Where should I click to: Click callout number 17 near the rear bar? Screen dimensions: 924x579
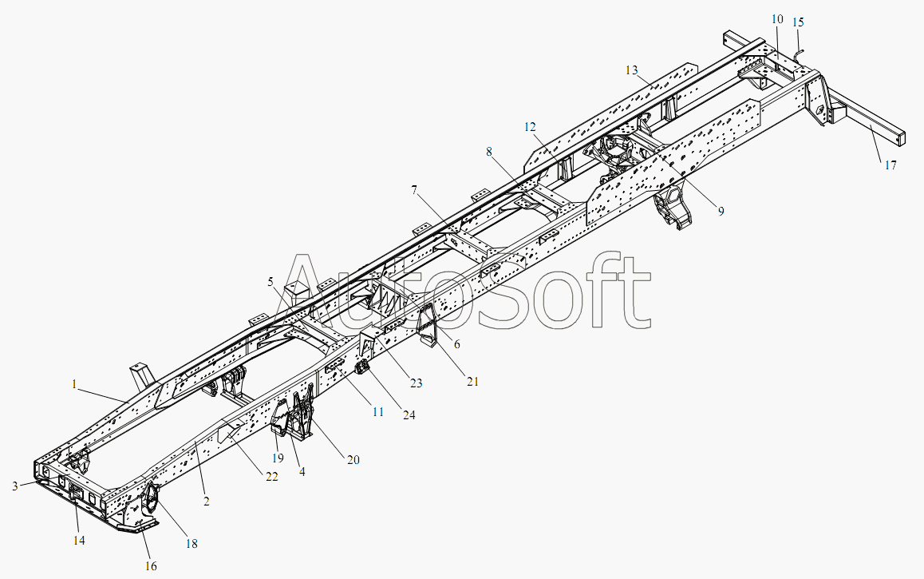[890, 165]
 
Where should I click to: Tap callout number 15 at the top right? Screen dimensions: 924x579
[798, 22]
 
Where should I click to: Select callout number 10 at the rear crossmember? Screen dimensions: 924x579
[777, 19]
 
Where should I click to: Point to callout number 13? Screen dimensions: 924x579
[632, 71]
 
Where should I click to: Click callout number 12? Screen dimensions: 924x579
[530, 127]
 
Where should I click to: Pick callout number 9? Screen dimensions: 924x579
[721, 211]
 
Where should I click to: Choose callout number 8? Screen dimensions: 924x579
[489, 152]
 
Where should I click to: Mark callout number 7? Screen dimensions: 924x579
[414, 190]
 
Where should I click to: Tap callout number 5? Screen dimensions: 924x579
[270, 282]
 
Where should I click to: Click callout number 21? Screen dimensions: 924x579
[472, 382]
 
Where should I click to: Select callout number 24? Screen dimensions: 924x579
[409, 415]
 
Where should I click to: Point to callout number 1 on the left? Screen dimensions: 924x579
[74, 384]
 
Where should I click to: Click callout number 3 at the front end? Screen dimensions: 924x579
[14, 486]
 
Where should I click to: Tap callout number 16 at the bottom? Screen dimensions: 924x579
[151, 566]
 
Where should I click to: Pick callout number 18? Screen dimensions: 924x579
[192, 544]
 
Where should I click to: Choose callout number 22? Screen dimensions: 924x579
[271, 477]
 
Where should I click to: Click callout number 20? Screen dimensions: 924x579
[353, 460]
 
